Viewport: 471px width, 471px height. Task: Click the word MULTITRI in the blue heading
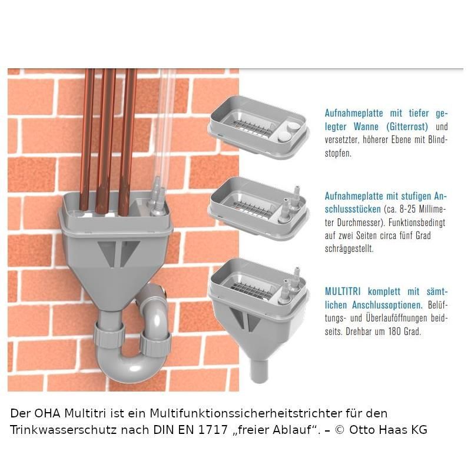(x=343, y=291)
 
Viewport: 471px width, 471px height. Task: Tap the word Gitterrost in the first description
(x=407, y=127)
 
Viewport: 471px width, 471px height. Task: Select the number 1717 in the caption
(x=213, y=430)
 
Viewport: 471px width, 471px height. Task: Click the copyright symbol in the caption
(x=339, y=430)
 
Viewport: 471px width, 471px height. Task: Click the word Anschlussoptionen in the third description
(x=387, y=305)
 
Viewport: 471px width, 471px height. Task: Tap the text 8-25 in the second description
(x=407, y=210)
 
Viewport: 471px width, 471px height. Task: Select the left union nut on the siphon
(x=109, y=335)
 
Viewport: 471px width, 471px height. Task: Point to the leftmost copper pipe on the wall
(x=87, y=141)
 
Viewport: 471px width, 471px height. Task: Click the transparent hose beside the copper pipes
(x=164, y=126)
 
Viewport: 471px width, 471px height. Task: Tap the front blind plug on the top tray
(x=284, y=137)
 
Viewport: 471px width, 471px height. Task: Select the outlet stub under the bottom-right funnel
(x=258, y=371)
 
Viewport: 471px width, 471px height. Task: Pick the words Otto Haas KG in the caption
(x=388, y=430)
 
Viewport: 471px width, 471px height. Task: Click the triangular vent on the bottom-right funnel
(x=237, y=319)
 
